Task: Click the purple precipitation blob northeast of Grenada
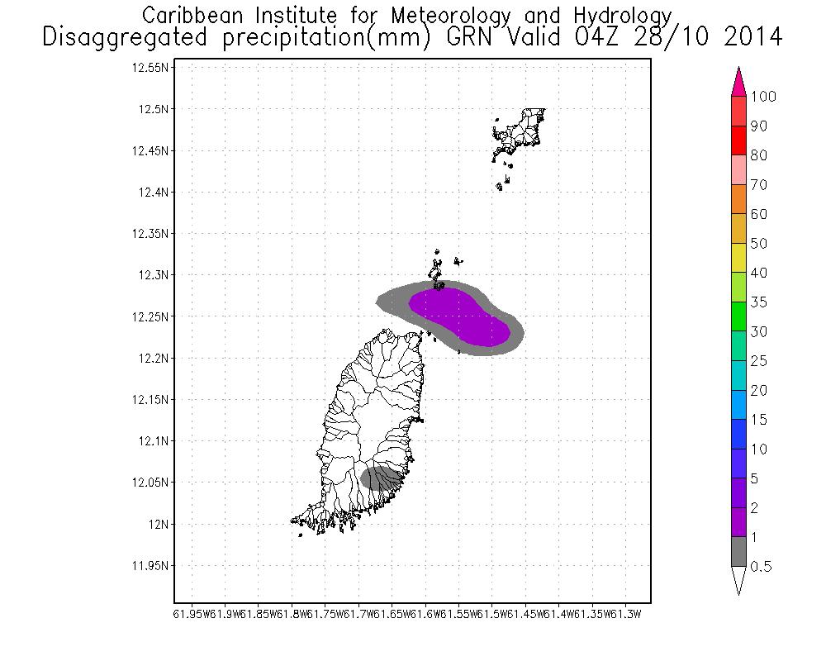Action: tap(458, 316)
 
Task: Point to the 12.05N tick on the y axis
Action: tap(151, 483)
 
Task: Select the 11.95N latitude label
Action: tap(151, 566)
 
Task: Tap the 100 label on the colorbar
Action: tap(763, 97)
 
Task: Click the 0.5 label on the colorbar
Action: tap(762, 567)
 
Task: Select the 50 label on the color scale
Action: tap(758, 244)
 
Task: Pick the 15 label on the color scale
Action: tap(758, 420)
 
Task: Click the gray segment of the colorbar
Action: tap(738, 552)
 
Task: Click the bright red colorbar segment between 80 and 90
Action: tap(738, 140)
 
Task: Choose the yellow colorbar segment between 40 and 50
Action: tap(738, 258)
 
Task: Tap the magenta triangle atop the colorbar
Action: tap(738, 83)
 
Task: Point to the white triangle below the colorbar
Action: tap(738, 580)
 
